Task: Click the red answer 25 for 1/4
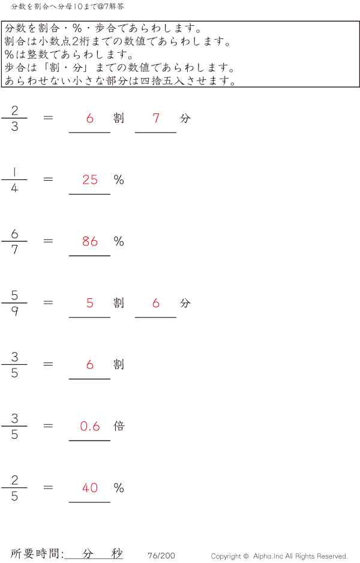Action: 90,179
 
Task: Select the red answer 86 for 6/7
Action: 90,241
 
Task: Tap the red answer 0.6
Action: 90,426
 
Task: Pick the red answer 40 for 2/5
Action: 90,488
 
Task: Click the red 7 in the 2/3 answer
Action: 156,118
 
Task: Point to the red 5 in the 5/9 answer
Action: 90,303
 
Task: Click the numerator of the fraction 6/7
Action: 14,234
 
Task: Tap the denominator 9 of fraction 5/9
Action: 14,312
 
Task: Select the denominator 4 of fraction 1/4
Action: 14,188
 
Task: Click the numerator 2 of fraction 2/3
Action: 14,110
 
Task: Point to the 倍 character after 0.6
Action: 119,426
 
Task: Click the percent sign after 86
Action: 119,241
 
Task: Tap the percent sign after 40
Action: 119,488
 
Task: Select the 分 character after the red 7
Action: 185,118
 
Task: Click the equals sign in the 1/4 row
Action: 49,179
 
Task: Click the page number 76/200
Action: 161,556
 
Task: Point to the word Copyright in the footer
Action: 226,556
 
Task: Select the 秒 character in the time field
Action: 116,554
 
